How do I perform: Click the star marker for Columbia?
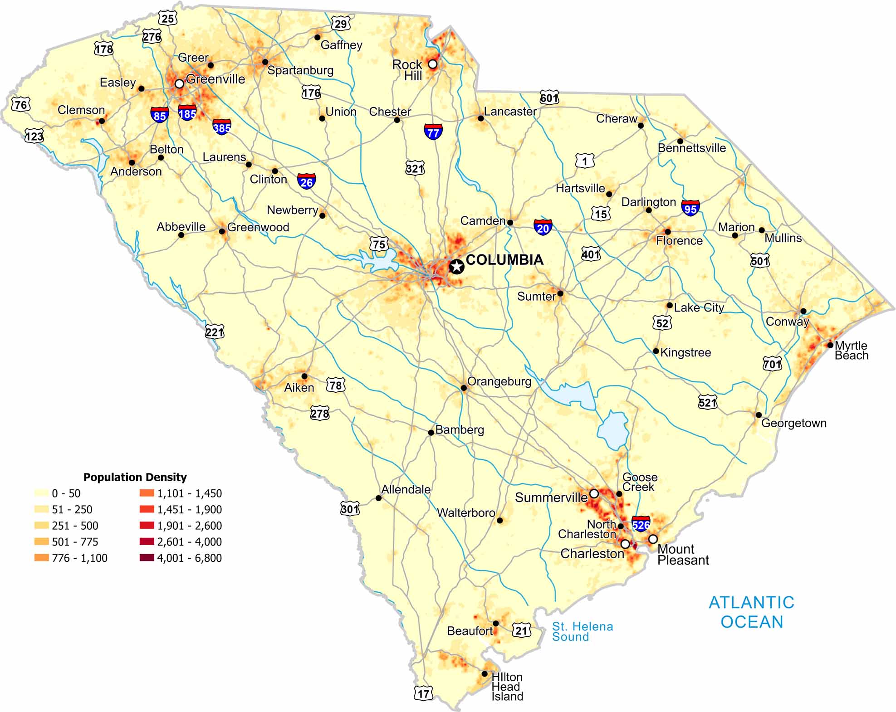[456, 266]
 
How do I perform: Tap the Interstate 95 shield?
[690, 208]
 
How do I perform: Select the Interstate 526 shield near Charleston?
[641, 524]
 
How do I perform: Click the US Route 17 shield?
[423, 692]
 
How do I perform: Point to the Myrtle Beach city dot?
[830, 345]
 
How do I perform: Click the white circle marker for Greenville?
[179, 83]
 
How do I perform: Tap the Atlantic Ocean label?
[751, 612]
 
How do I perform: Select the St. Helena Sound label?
[582, 631]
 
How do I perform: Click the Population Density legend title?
[135, 477]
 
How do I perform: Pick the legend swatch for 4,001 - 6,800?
[147, 557]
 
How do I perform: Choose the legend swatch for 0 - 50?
[41, 493]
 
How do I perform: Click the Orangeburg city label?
[499, 381]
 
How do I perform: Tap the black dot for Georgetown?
[759, 415]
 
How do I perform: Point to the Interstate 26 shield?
[307, 181]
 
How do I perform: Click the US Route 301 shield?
[350, 508]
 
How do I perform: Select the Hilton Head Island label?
[507, 687]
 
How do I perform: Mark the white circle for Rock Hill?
[433, 64]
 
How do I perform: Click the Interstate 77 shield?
[433, 132]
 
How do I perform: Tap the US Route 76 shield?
[21, 105]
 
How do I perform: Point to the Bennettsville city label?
[691, 148]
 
